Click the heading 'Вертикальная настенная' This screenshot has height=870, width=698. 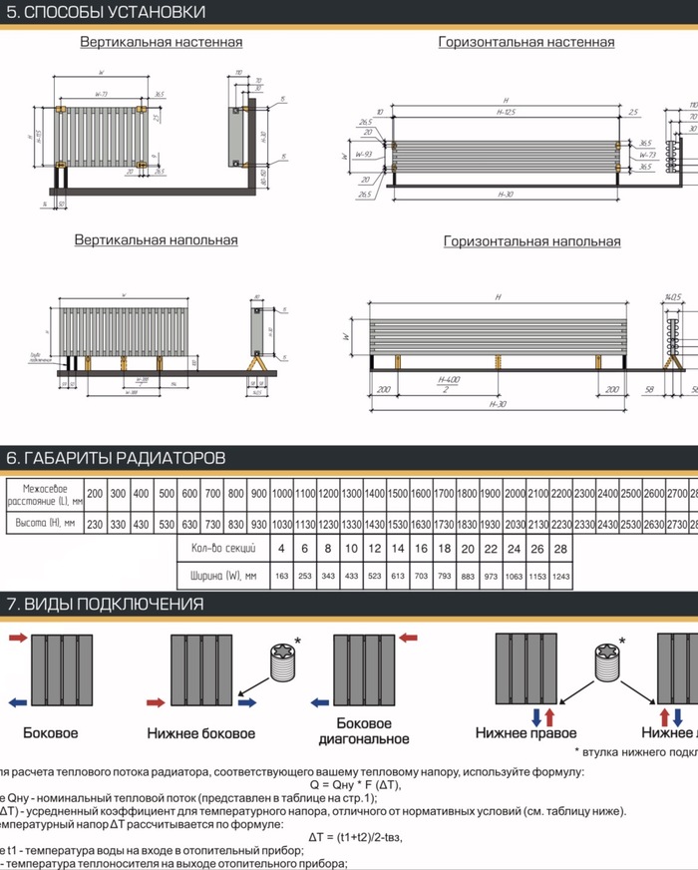tap(161, 42)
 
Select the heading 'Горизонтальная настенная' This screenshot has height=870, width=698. tap(525, 42)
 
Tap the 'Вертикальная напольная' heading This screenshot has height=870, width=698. tap(156, 240)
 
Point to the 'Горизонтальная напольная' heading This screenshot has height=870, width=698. tap(531, 241)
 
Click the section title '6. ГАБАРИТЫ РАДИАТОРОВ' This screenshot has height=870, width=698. tap(116, 458)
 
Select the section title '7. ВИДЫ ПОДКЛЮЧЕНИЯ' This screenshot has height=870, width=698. tap(105, 604)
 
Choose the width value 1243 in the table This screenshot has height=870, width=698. tap(561, 577)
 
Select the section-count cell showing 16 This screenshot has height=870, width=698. tap(420, 549)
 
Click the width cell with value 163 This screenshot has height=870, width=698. tap(281, 577)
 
